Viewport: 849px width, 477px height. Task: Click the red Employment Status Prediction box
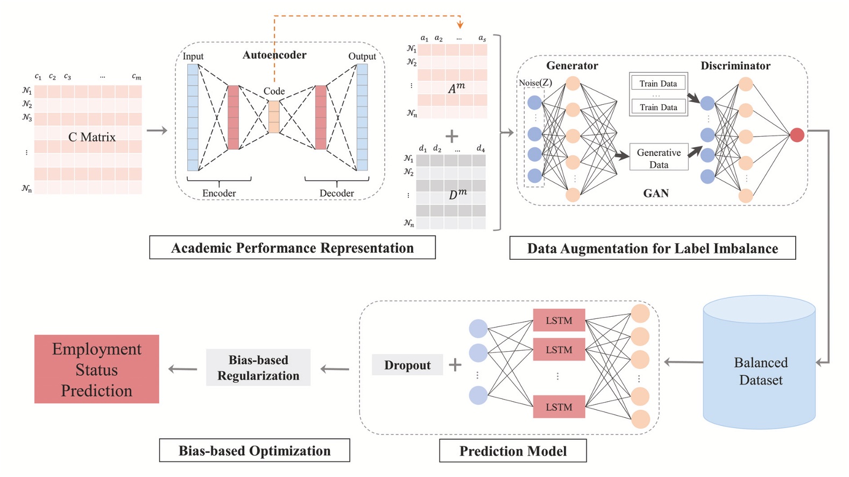[97, 369]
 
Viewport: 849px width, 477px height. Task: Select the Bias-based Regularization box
[258, 368]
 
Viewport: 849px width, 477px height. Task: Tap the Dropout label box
[407, 365]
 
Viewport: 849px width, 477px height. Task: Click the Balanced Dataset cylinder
[760, 366]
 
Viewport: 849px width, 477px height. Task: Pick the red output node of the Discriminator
[797, 135]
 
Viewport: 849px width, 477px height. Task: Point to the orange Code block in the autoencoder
[274, 117]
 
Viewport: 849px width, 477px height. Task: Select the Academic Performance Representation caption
[292, 248]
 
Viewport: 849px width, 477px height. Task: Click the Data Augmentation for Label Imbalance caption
[652, 248]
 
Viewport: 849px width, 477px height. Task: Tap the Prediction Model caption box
[513, 451]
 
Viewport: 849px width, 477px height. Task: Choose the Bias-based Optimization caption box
[254, 451]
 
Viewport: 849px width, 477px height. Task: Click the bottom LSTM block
[559, 407]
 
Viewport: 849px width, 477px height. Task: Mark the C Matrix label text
[92, 137]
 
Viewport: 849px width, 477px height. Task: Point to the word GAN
[656, 194]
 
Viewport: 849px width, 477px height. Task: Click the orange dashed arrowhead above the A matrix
[460, 25]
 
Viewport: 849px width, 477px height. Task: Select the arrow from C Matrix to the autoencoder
[157, 131]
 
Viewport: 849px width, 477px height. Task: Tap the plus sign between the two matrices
[452, 136]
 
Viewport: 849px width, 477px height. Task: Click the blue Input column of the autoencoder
[193, 117]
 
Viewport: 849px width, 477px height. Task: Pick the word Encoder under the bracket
[219, 193]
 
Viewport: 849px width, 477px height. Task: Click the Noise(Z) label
[535, 83]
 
